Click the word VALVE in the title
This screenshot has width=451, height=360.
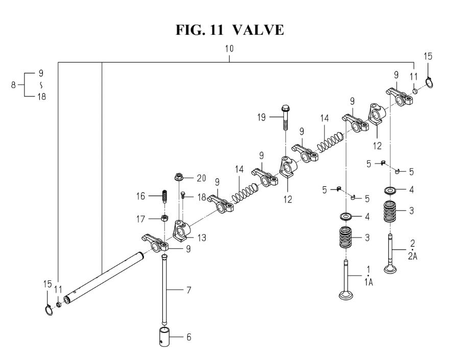(x=258, y=30)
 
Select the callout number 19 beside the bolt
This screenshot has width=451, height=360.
(x=262, y=117)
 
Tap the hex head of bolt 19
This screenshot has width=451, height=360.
(x=286, y=109)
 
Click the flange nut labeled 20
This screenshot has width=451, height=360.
(x=179, y=176)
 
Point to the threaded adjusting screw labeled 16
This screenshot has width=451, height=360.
(x=164, y=197)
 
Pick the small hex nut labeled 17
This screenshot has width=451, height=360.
(x=164, y=219)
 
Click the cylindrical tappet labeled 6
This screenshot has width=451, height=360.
(x=164, y=336)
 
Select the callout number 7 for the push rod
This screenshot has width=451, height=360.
(x=188, y=290)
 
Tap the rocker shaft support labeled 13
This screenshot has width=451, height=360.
(x=182, y=230)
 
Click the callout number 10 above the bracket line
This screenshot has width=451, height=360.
(x=229, y=49)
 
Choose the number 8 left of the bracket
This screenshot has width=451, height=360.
(x=13, y=85)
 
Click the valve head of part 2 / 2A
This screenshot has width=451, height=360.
(x=390, y=270)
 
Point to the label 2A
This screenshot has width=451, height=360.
(x=413, y=256)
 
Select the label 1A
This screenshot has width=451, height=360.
(x=368, y=282)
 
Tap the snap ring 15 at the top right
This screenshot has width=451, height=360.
(x=430, y=83)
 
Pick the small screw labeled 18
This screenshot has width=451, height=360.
(x=183, y=196)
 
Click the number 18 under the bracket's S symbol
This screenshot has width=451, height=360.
(x=42, y=97)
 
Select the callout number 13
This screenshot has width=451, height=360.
(x=202, y=238)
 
